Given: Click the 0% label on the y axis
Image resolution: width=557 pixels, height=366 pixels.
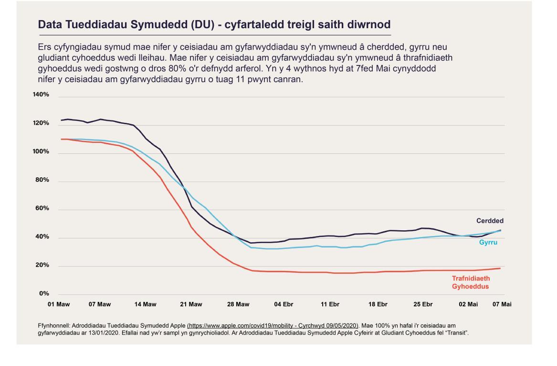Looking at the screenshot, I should (43, 294).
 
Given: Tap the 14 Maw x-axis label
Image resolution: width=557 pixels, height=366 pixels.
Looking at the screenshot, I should (146, 304).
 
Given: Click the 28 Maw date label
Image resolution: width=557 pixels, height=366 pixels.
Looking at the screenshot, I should (239, 304).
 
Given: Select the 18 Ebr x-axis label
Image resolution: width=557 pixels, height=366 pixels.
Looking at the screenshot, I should (378, 304).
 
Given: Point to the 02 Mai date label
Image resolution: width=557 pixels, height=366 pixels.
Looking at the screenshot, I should (468, 304).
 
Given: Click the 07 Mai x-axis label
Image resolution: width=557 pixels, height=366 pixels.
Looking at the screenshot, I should (502, 304).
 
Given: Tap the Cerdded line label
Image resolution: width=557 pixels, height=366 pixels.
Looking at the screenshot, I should (490, 221).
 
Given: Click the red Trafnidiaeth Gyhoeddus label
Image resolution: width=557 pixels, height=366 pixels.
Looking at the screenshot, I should (471, 282).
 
